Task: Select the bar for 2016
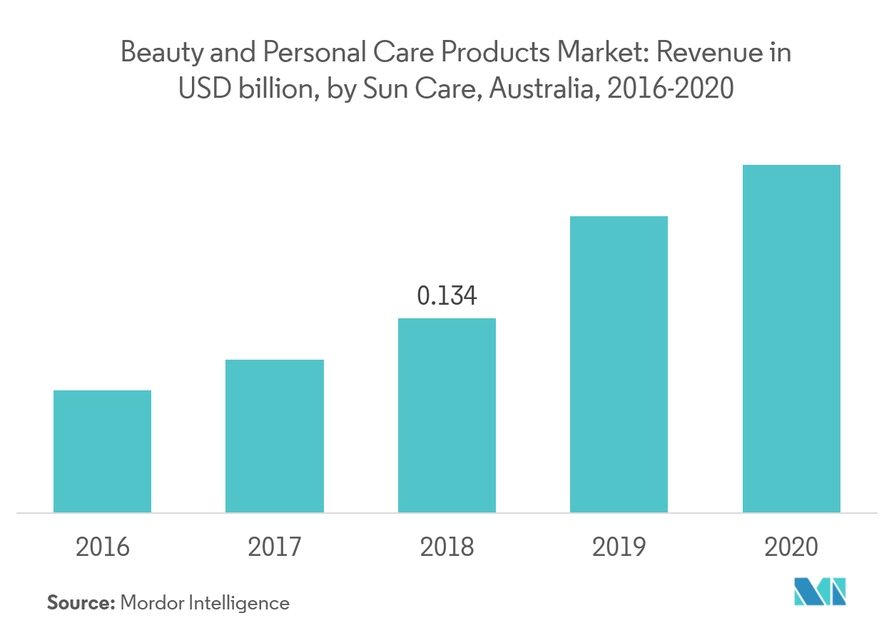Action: click(103, 451)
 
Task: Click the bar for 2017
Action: click(275, 436)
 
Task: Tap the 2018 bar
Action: click(447, 415)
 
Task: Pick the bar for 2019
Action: click(619, 364)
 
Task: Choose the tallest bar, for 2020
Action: click(791, 338)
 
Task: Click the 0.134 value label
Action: click(447, 295)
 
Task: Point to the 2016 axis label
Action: click(103, 547)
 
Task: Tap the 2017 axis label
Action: click(275, 547)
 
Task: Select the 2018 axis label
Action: click(447, 547)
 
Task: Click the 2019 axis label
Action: click(619, 547)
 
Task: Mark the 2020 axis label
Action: click(791, 547)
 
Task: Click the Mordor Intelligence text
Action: click(205, 603)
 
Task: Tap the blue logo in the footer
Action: click(821, 592)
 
